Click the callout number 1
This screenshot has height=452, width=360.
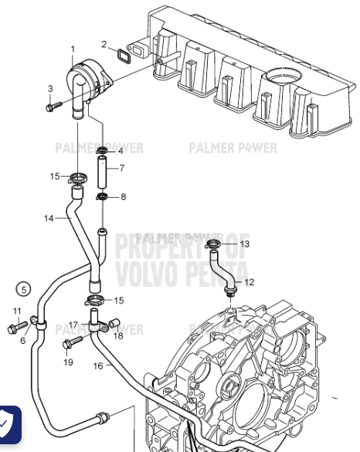click(x=73, y=49)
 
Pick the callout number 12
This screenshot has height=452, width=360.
click(x=248, y=282)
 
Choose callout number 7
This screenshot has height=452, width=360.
click(x=121, y=168)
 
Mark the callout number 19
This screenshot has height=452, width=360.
click(x=68, y=362)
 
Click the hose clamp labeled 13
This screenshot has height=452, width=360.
click(x=216, y=246)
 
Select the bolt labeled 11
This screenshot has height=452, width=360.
click(x=17, y=328)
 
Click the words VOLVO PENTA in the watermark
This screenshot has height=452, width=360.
click(x=182, y=273)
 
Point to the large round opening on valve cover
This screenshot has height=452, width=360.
click(x=284, y=79)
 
